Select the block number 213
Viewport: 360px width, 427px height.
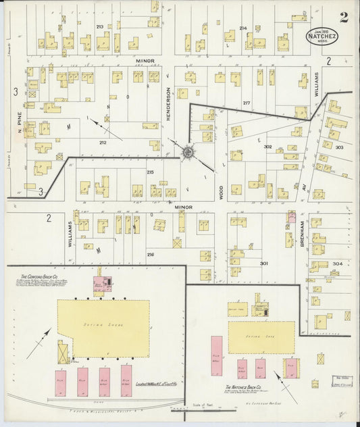click(100, 26)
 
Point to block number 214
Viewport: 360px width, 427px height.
click(243, 28)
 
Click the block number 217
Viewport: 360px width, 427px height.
click(247, 103)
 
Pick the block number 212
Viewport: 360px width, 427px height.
click(103, 143)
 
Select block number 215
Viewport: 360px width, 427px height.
click(150, 173)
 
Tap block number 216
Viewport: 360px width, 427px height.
click(151, 254)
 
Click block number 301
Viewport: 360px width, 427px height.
click(264, 263)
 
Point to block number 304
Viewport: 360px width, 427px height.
click(338, 263)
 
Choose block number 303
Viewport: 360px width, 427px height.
click(338, 147)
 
